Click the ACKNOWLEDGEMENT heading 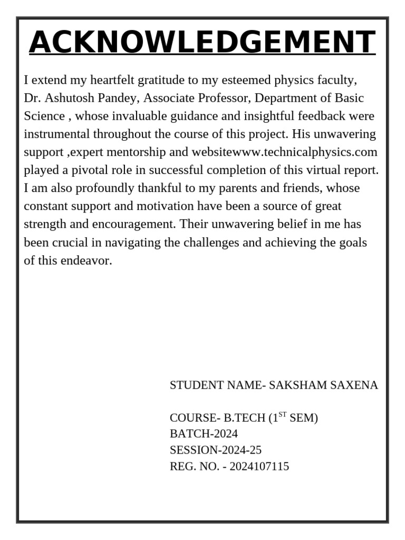[x=202, y=42]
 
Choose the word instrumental [x=57, y=134]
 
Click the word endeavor [x=90, y=261]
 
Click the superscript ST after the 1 [x=282, y=415]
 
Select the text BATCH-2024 [x=204, y=434]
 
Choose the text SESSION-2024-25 [x=215, y=450]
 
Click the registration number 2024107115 [x=259, y=467]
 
